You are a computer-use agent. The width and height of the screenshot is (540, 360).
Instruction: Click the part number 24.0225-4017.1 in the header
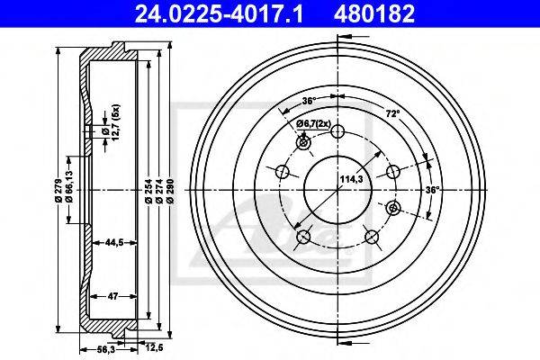[219, 13]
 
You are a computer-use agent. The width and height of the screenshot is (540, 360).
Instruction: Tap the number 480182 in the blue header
[374, 13]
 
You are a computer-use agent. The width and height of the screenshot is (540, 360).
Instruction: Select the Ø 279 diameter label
[58, 190]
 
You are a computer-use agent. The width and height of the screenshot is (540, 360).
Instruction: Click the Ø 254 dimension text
[148, 190]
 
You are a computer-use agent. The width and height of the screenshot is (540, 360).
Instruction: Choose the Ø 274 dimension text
[159, 190]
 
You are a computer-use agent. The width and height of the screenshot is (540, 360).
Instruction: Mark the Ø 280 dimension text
[170, 190]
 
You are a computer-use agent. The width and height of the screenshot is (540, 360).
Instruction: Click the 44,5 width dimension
[114, 242]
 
